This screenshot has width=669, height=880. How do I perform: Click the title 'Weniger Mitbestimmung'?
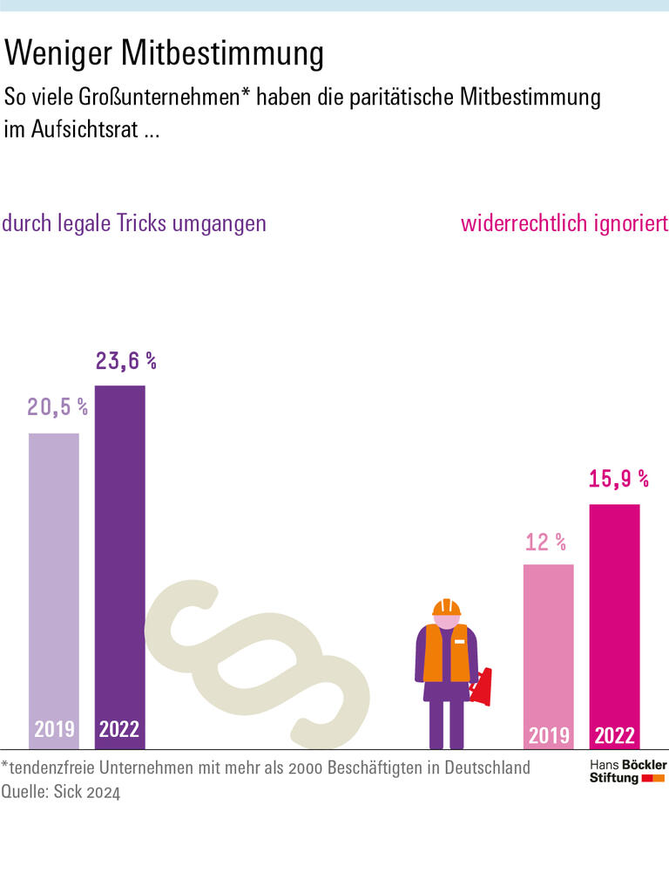[164, 54]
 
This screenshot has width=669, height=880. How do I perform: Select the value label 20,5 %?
[57, 406]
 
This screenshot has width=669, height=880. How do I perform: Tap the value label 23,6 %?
[125, 361]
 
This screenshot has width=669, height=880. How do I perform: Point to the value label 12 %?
[545, 542]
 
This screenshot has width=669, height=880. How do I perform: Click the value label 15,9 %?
[618, 479]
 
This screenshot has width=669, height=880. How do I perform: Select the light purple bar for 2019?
[54, 576]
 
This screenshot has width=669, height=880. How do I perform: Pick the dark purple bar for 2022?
[120, 549]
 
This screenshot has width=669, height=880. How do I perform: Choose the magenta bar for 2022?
[614, 611]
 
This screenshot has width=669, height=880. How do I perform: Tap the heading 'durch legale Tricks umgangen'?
[134, 223]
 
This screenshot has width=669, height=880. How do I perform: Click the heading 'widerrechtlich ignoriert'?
[564, 223]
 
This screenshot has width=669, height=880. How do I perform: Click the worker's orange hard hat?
[446, 607]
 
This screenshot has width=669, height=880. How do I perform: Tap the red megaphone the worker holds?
[482, 686]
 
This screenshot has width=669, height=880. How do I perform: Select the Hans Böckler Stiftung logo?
[627, 771]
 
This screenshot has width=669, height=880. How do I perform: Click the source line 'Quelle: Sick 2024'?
[61, 792]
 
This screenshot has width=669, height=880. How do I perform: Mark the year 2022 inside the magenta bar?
[614, 735]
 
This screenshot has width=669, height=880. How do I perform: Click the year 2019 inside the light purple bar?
[54, 729]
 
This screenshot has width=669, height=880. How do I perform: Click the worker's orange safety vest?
[446, 652]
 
